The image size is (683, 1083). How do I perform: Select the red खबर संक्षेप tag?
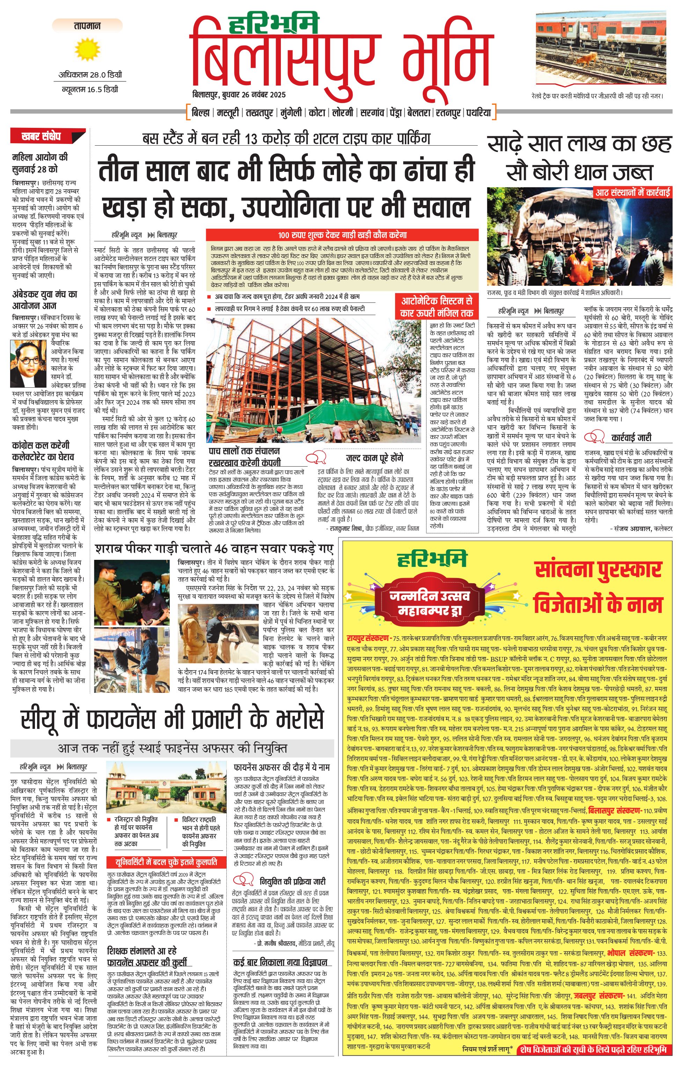coord(47,136)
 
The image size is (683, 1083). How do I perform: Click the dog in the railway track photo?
coord(586,58)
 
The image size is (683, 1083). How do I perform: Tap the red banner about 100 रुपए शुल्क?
coord(342,235)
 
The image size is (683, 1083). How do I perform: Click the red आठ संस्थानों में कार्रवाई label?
coord(632,192)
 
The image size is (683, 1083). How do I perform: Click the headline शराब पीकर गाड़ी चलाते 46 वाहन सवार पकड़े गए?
coord(214,549)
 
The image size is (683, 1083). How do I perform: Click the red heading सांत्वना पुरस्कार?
coord(598,569)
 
